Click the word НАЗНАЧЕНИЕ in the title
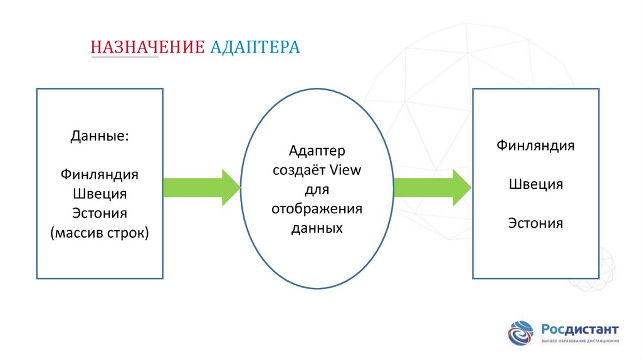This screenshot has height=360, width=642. [x=147, y=48]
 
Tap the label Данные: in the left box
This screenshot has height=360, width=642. [x=100, y=135]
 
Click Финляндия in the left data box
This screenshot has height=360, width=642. [x=100, y=174]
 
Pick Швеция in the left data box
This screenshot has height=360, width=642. [x=100, y=193]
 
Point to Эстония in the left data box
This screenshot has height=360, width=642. [x=100, y=213]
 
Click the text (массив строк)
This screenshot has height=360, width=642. [x=100, y=233]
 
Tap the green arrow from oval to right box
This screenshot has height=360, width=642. [x=432, y=187]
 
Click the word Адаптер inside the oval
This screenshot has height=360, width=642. [x=317, y=151]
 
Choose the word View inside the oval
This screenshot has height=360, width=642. [x=345, y=170]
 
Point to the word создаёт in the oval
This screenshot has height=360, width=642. [x=300, y=170]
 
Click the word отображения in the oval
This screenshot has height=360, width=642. [x=317, y=208]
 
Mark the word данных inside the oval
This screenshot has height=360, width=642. [x=317, y=228]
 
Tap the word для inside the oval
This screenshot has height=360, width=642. [x=317, y=189]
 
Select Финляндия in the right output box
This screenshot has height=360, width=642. [x=536, y=146]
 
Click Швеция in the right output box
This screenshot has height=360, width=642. [x=536, y=184]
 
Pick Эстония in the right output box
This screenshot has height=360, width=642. [x=536, y=223]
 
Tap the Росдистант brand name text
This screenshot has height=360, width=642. [x=579, y=329]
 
